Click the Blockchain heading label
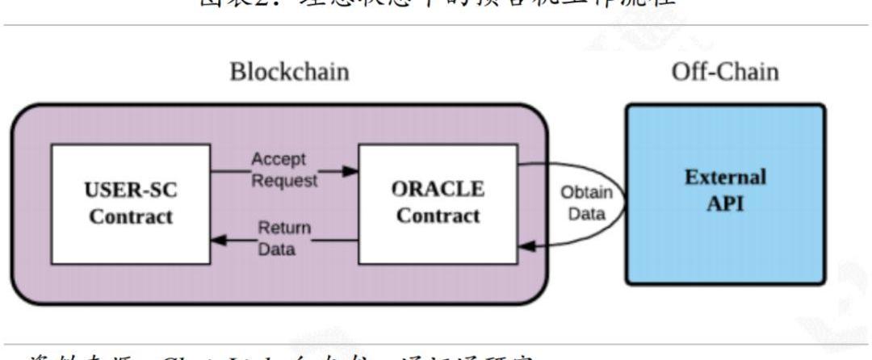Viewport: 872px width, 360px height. click(289, 72)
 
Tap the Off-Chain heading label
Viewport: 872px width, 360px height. click(725, 72)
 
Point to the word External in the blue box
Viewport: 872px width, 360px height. click(724, 177)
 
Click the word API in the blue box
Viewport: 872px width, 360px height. click(725, 203)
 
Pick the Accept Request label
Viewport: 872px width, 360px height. click(283, 170)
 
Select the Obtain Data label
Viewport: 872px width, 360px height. click(586, 203)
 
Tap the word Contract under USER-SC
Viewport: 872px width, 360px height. click(131, 217)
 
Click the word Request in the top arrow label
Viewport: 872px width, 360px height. click(284, 180)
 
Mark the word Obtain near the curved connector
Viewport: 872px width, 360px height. click(586, 194)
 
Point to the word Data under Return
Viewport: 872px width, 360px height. click(276, 249)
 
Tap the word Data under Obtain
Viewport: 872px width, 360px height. click(586, 214)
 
